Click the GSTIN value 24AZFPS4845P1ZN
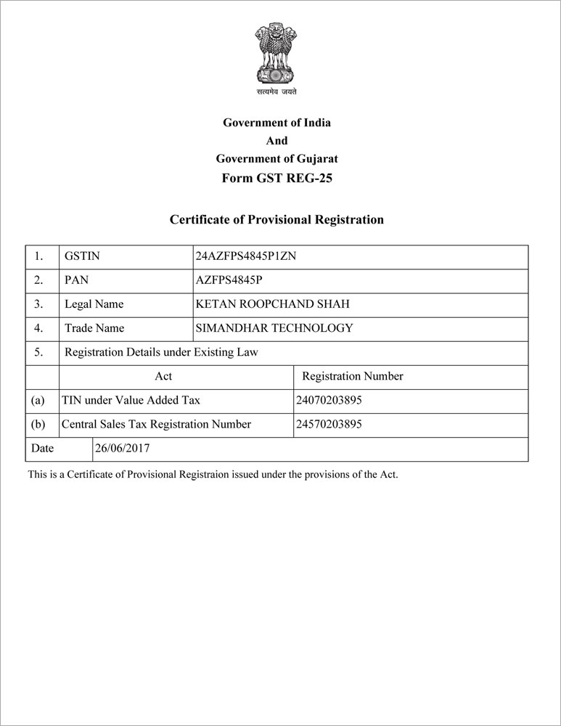tap(246, 256)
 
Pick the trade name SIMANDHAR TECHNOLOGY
tap(274, 328)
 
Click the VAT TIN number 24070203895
tap(329, 400)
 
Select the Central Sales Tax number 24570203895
tap(329, 424)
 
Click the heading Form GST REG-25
tap(277, 178)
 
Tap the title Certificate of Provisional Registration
tap(277, 219)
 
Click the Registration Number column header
tap(352, 376)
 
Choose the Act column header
tap(163, 376)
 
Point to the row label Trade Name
tap(94, 328)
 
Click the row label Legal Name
tap(94, 304)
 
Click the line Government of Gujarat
tap(277, 159)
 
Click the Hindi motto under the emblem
tap(277, 92)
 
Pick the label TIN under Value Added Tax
tap(131, 400)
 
